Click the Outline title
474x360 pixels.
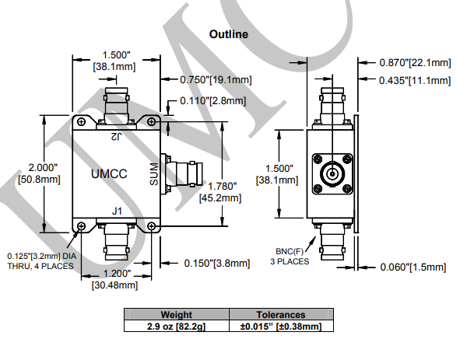(229, 34)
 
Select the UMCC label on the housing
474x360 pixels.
(109, 173)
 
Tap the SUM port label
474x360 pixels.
(154, 174)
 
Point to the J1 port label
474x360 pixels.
(117, 211)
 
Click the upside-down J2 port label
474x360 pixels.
(116, 136)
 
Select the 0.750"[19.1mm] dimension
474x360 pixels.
(216, 80)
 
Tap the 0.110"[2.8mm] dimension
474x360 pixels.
(213, 100)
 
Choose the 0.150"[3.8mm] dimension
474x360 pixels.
(217, 263)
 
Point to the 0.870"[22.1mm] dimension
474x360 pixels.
(415, 62)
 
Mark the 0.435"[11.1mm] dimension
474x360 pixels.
(415, 80)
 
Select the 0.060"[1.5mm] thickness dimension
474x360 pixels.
(413, 267)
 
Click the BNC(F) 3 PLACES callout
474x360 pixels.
(290, 257)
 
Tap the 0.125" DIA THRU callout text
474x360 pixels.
(42, 261)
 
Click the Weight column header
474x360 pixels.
(177, 314)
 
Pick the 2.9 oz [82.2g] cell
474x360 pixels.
(177, 326)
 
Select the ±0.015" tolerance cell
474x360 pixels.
(281, 326)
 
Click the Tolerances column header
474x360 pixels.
(281, 314)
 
